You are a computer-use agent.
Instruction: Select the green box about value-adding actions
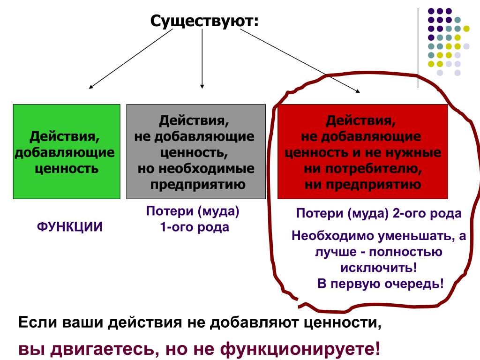tap(67, 151)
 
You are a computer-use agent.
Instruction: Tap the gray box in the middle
tap(196, 151)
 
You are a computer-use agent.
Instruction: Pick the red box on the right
tap(363, 151)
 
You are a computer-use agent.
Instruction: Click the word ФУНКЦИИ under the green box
tap(70, 227)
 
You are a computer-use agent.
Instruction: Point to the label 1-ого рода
tap(195, 227)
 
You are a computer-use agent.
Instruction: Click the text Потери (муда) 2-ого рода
tap(379, 213)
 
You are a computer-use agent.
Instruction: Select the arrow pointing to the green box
tap(131, 59)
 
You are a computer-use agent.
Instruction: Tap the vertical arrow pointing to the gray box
tap(202, 59)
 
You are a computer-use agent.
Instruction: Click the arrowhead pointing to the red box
tap(358, 90)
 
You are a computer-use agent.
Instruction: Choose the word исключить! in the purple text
tap(379, 268)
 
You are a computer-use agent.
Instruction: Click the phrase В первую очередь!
tap(381, 284)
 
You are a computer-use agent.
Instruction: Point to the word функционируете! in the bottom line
tap(300, 349)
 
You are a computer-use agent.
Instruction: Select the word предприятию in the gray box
tap(198, 185)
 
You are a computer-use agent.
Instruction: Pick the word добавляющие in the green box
tap(65, 152)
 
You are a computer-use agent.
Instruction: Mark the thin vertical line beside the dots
tap(418, 48)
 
